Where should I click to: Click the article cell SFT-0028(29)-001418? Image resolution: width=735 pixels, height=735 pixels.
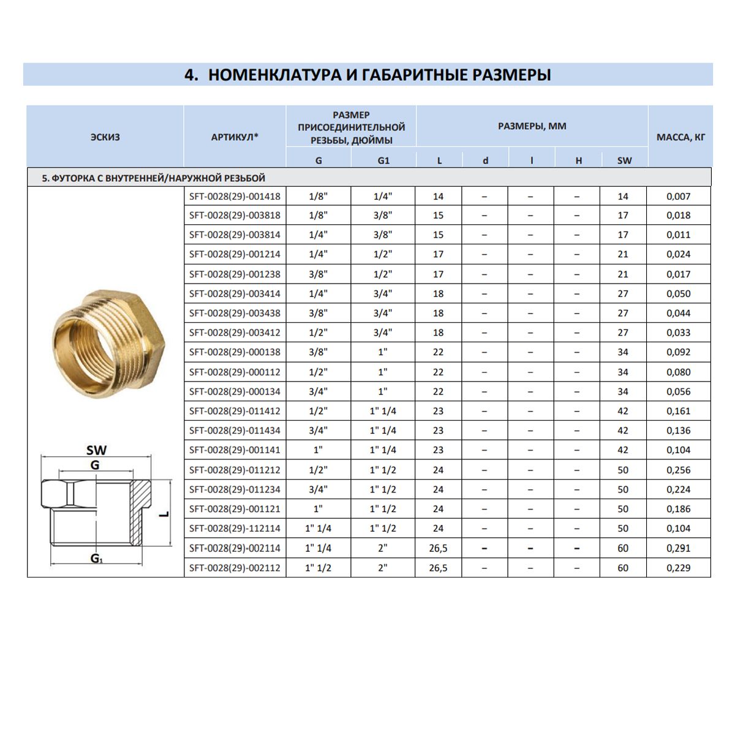235,197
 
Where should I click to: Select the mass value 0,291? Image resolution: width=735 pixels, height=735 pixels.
678,548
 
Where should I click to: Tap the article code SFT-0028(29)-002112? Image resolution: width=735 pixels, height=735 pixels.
235,568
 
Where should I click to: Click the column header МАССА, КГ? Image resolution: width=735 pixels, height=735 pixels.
680,137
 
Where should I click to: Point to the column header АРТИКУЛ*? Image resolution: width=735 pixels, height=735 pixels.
235,137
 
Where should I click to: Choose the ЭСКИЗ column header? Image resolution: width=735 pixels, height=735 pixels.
105,137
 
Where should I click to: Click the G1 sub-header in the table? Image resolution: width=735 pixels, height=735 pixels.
383,160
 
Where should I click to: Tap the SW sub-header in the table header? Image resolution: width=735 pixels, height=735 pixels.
624,160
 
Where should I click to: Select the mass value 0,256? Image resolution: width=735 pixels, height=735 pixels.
678,470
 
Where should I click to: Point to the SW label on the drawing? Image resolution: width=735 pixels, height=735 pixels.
96,450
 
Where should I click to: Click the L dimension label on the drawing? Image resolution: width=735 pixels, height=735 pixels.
164,514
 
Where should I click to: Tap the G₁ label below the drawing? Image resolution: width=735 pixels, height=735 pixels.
96,558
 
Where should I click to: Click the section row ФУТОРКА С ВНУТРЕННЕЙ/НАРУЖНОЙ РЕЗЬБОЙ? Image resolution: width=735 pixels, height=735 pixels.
153,178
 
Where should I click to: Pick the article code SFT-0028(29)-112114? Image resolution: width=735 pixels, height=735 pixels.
235,529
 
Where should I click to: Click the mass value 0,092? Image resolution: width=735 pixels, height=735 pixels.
678,352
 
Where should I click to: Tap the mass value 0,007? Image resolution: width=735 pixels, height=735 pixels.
678,197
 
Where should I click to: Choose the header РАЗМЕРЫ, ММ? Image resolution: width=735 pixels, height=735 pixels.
532,126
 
